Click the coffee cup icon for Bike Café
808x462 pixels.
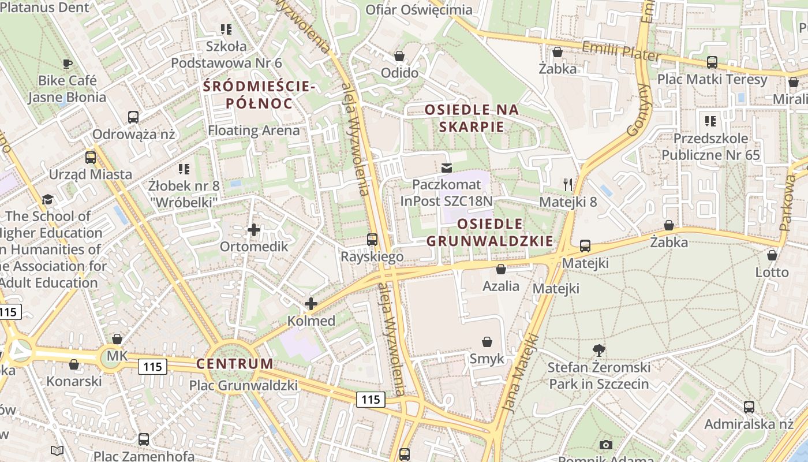pyautogui.click(x=68, y=64)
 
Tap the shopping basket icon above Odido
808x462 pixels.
pyautogui.click(x=399, y=56)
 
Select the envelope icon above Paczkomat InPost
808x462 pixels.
pyautogui.click(x=446, y=168)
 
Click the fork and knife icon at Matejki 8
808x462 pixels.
pyautogui.click(x=568, y=185)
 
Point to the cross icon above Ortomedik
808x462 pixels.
pyautogui.click(x=253, y=230)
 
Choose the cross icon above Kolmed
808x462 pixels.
pyautogui.click(x=311, y=303)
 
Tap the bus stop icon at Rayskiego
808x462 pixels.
pyautogui.click(x=372, y=239)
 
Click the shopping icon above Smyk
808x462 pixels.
pyautogui.click(x=487, y=342)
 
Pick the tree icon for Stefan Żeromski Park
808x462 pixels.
pyautogui.click(x=599, y=349)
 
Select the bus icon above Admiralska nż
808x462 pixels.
pyautogui.click(x=749, y=407)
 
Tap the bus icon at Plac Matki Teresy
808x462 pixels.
pyautogui.click(x=712, y=62)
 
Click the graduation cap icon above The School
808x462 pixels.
pyautogui.click(x=47, y=199)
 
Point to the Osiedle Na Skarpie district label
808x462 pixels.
pyautogui.click(x=472, y=118)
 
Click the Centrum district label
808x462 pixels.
pyautogui.click(x=234, y=364)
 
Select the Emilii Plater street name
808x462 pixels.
pyautogui.click(x=621, y=51)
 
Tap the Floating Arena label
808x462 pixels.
pyautogui.click(x=254, y=130)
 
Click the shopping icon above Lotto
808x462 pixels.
pyautogui.click(x=772, y=255)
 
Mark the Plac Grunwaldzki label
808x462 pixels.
pyautogui.click(x=243, y=385)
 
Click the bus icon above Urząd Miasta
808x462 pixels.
pyautogui.click(x=91, y=158)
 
